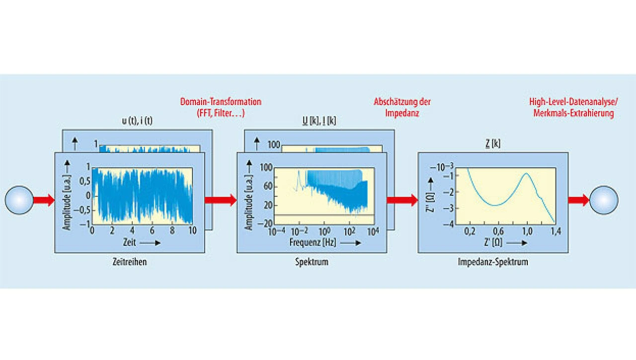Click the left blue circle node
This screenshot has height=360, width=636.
point(19,200)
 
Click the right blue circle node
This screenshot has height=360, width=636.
point(604,200)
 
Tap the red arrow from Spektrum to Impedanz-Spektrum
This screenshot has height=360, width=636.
point(402,200)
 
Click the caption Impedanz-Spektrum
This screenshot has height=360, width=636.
point(493,262)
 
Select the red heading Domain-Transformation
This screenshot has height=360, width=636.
point(221,102)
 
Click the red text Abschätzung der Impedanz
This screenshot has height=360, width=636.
point(401,107)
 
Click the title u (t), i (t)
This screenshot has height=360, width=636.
point(136,121)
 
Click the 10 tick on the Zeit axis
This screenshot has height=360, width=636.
point(193,231)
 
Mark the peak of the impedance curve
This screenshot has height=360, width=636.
point(525,174)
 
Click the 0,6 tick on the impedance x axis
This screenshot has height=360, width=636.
point(498,231)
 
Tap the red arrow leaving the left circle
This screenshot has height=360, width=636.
point(44,200)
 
